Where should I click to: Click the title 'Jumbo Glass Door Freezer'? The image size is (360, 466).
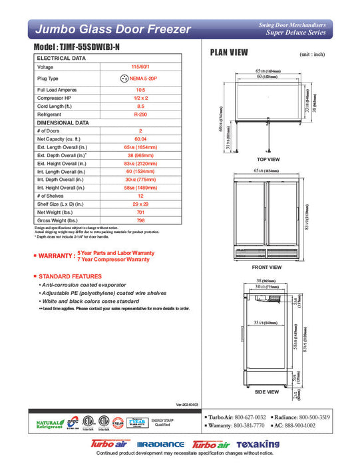tap(112, 29)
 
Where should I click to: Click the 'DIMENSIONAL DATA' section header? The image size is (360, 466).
tap(63, 122)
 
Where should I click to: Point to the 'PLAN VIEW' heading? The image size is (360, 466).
tap(229, 53)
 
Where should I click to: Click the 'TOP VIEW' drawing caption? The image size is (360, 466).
tap(268, 160)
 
